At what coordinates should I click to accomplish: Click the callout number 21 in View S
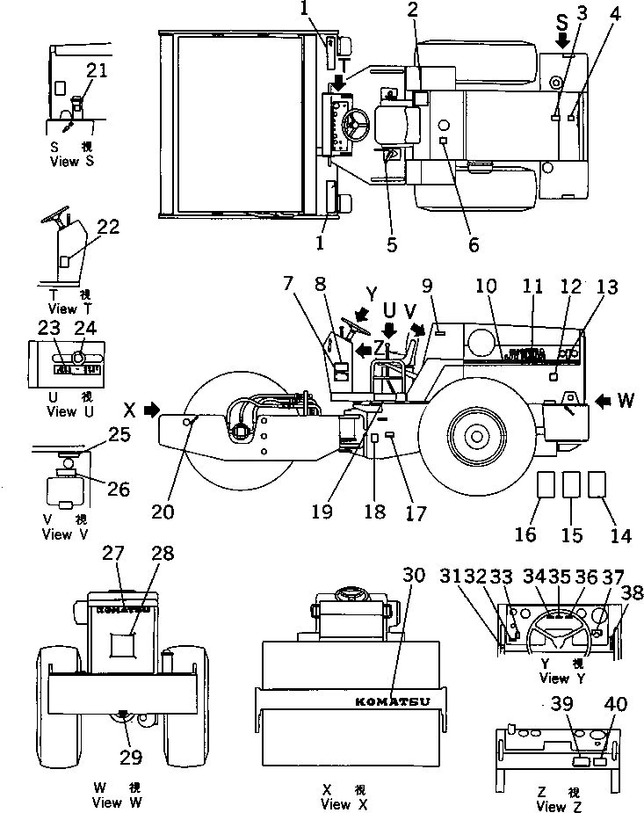[x=96, y=71]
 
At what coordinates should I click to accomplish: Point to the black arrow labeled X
[x=151, y=409]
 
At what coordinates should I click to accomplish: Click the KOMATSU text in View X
[x=392, y=701]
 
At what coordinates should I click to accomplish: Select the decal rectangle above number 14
[x=598, y=485]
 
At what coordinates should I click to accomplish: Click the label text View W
[x=119, y=802]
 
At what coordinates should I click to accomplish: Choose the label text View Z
[x=555, y=807]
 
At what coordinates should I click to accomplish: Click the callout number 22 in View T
[x=108, y=227]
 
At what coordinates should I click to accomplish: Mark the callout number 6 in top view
[x=474, y=245]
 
